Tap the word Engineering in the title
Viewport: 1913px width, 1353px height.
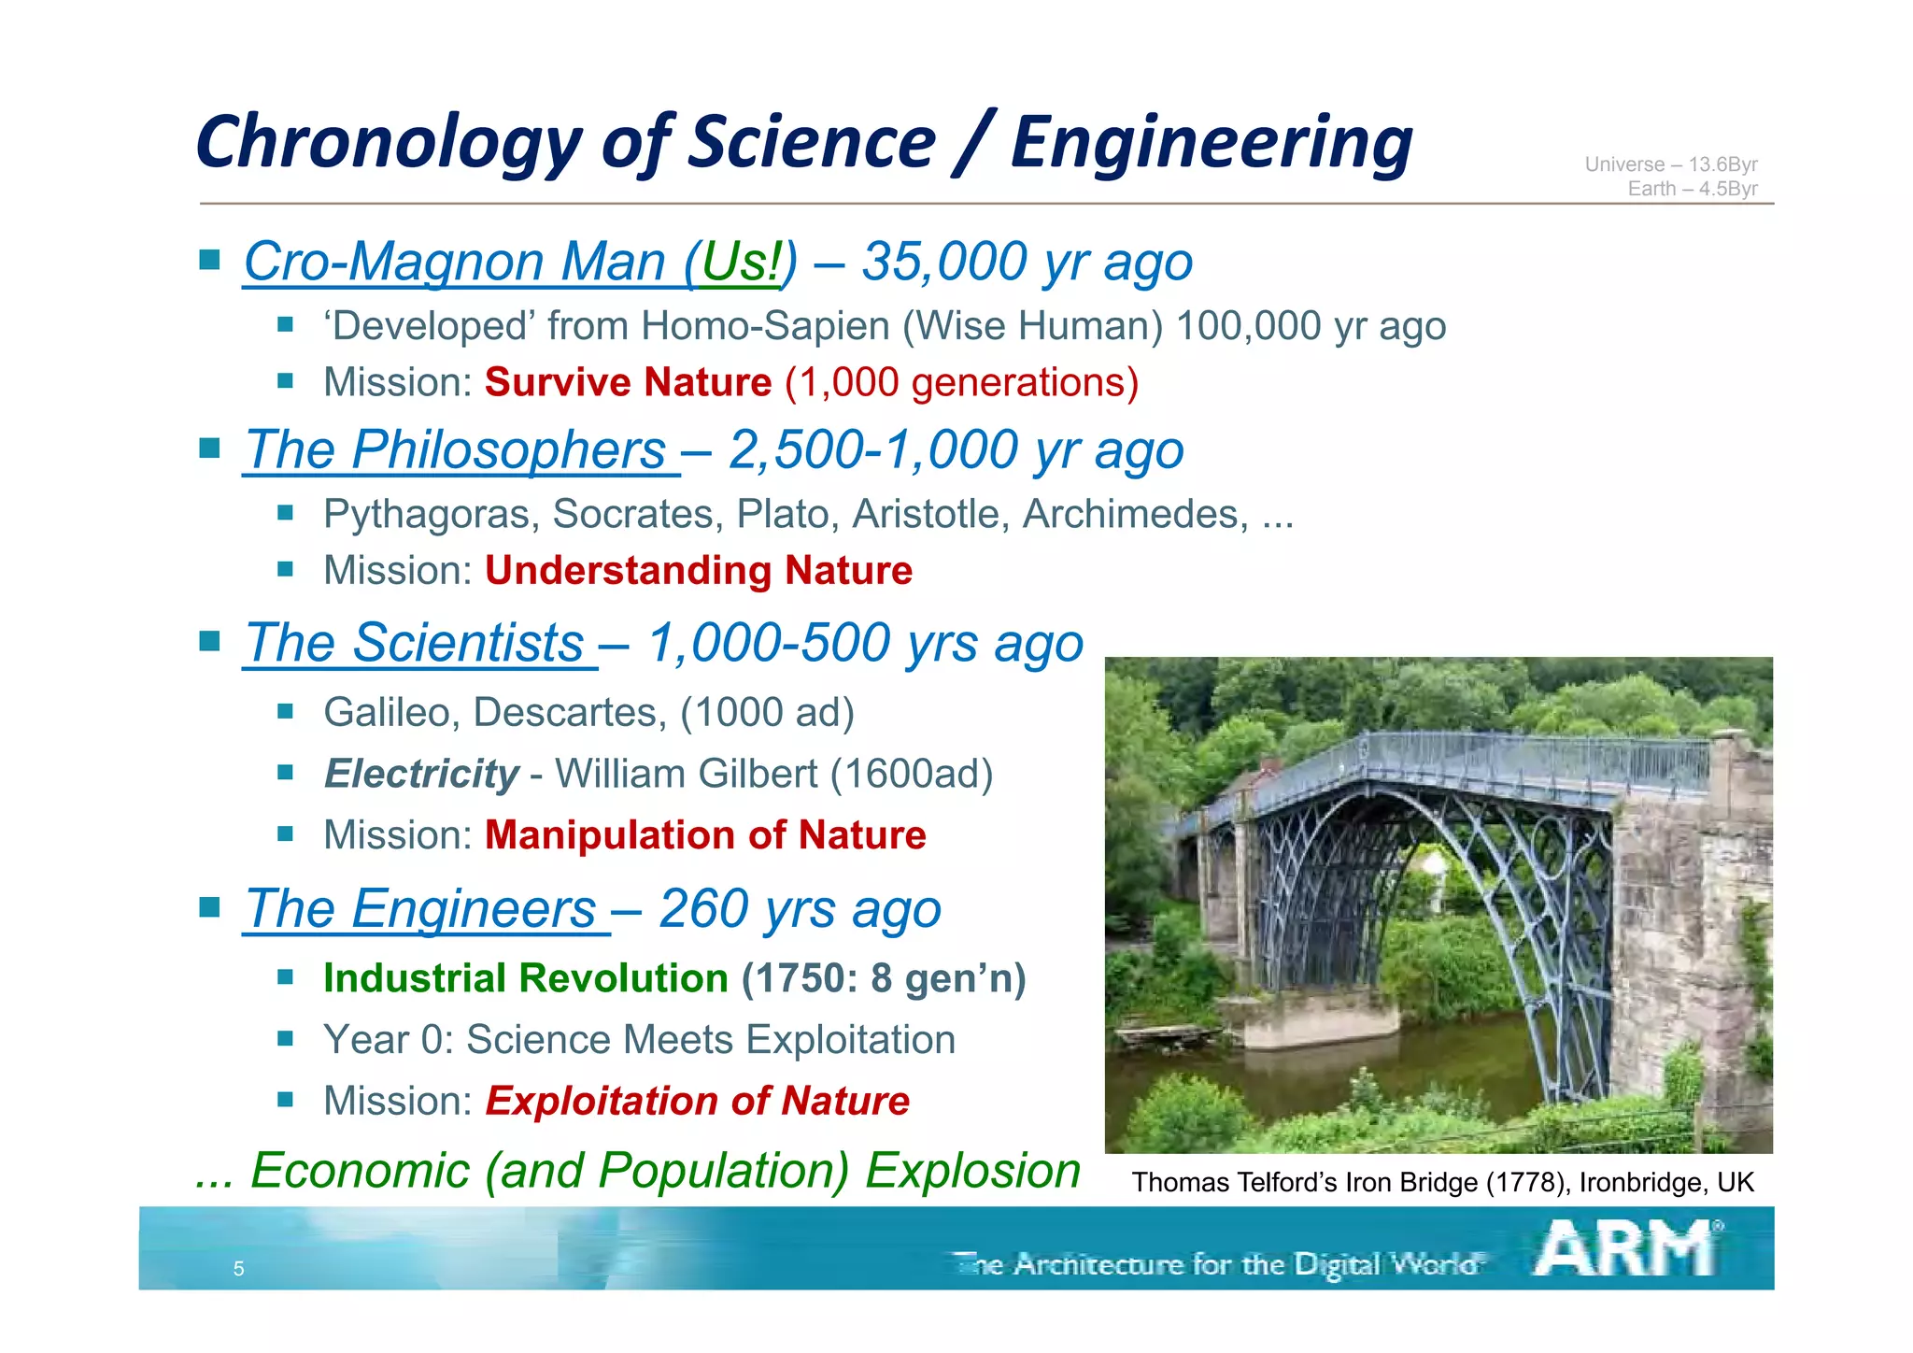click(1212, 143)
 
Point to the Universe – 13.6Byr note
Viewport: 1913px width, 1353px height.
click(1670, 164)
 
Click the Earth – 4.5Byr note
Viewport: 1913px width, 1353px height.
click(1692, 189)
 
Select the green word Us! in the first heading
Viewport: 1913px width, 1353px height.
click(739, 262)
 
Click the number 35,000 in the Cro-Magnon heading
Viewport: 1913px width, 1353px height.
click(943, 262)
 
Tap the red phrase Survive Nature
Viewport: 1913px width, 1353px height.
click(628, 383)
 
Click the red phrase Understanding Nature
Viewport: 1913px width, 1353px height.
click(698, 571)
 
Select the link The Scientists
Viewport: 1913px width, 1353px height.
click(415, 644)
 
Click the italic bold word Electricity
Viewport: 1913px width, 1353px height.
click(421, 774)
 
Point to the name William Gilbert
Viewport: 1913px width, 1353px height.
click(686, 774)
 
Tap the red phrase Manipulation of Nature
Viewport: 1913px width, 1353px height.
click(705, 835)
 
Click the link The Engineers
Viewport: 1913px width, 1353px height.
click(421, 909)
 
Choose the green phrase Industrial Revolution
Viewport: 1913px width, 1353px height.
click(525, 978)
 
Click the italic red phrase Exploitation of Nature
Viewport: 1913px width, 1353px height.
click(697, 1101)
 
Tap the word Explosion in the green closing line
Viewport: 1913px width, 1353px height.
click(972, 1171)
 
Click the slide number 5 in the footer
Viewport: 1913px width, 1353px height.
click(238, 1269)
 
